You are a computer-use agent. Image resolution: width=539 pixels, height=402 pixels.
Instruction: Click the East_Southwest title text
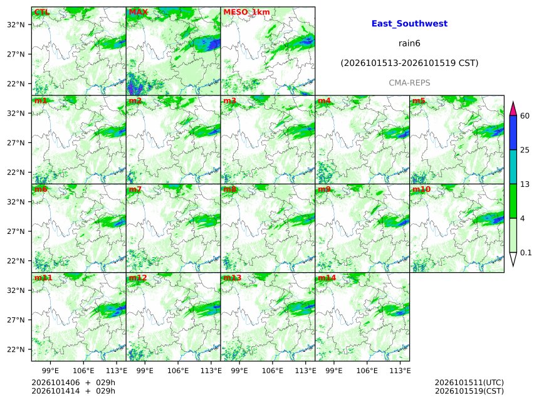tap(409, 23)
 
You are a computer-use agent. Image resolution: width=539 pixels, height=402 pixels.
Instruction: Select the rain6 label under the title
tap(409, 43)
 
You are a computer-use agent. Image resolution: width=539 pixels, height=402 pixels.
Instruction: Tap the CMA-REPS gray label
tap(409, 83)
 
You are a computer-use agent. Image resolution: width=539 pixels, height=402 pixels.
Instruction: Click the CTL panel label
tap(41, 12)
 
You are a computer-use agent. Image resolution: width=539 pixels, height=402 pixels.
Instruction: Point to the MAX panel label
tap(138, 12)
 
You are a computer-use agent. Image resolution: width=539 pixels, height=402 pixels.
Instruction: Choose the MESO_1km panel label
tap(246, 12)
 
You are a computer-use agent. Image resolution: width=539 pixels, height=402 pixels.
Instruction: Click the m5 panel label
tap(419, 101)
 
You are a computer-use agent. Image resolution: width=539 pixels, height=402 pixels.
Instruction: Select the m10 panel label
tap(421, 189)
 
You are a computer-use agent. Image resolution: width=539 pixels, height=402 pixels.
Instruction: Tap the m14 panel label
tap(327, 278)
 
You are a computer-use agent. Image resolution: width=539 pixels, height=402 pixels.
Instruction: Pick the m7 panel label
tap(135, 189)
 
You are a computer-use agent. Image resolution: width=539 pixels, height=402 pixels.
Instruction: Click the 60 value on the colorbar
tap(525, 115)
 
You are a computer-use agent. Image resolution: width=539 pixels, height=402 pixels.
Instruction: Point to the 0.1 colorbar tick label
tap(526, 253)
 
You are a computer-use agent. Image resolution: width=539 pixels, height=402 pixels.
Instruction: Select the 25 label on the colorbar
tap(525, 150)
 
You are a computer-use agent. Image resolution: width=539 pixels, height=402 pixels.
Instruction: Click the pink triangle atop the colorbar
tap(513, 108)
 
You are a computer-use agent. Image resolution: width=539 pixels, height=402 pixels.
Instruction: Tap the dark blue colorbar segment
tap(513, 133)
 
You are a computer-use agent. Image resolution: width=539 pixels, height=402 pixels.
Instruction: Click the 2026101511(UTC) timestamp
tap(469, 383)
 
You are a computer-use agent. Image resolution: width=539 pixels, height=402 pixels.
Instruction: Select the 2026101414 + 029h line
tap(73, 391)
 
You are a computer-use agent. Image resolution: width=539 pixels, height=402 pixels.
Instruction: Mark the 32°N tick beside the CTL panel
tap(16, 24)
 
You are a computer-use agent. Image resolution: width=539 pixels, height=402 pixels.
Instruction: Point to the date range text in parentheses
tap(409, 63)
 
